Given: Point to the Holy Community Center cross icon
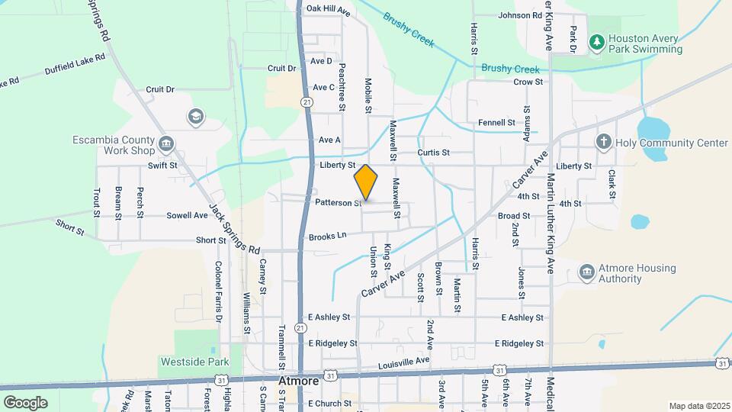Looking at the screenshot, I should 603,142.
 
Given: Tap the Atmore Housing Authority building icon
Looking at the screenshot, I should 586,272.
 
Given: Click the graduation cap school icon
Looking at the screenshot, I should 196,116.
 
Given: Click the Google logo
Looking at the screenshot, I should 25,402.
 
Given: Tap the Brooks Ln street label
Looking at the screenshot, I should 328,237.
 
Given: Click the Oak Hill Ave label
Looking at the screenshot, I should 328,11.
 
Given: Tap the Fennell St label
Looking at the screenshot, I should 496,122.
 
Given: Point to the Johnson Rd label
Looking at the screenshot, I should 519,15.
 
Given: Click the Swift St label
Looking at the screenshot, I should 162,165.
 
